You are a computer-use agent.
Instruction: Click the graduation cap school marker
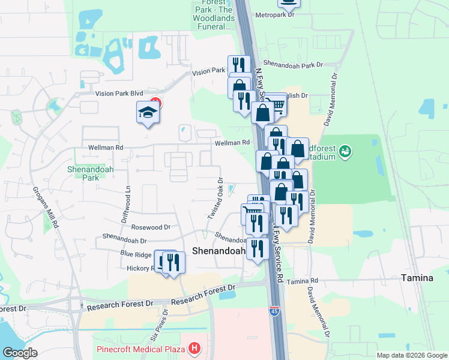(x=148, y=113)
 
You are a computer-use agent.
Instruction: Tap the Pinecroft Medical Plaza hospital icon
(x=194, y=347)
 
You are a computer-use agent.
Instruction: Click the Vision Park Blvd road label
(x=119, y=94)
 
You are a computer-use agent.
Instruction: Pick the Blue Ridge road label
(x=135, y=254)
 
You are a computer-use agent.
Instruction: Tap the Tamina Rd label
(x=302, y=281)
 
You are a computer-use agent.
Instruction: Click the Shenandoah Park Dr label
(x=293, y=64)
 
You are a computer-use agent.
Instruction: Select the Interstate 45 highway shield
(x=273, y=311)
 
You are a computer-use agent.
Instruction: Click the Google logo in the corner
(x=20, y=353)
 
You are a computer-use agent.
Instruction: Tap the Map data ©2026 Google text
(x=412, y=355)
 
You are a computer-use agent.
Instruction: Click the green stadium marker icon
(x=345, y=151)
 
